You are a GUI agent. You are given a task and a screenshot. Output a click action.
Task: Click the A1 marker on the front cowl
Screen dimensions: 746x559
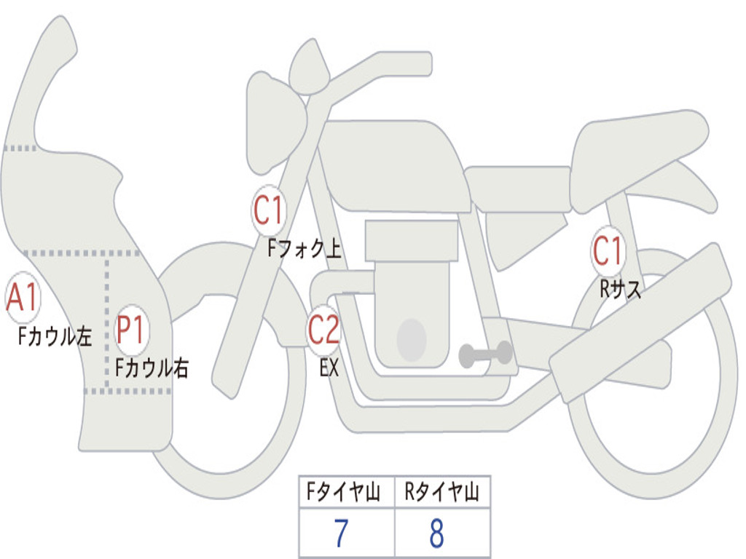click(23, 297)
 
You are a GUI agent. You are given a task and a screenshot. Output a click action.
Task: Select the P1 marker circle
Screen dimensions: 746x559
click(131, 329)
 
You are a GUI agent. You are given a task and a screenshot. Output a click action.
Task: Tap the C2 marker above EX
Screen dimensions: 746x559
click(323, 330)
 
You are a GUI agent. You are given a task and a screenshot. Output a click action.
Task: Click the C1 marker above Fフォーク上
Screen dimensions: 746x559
click(269, 210)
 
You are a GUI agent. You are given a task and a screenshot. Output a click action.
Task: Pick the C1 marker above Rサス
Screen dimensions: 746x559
click(608, 250)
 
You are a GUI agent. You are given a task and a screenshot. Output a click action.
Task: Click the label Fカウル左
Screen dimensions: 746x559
click(55, 336)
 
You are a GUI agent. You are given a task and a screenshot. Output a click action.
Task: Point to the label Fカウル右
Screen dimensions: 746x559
click(152, 368)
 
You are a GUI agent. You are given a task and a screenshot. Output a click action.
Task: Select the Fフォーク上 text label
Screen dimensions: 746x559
click(305, 248)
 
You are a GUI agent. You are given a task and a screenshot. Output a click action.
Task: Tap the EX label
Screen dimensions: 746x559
click(329, 368)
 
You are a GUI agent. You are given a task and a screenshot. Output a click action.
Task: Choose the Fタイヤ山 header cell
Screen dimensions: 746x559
click(347, 491)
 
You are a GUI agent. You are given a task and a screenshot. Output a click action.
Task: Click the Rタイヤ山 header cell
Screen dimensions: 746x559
click(442, 491)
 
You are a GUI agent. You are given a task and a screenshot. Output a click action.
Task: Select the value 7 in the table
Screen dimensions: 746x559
click(341, 533)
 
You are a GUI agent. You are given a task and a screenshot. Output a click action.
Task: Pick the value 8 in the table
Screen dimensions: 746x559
click(437, 533)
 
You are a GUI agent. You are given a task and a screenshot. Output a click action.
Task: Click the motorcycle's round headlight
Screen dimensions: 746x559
click(276, 122)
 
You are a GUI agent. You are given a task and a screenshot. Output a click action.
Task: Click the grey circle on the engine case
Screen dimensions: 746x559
click(412, 340)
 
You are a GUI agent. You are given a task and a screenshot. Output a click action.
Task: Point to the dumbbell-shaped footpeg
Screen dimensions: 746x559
click(485, 354)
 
